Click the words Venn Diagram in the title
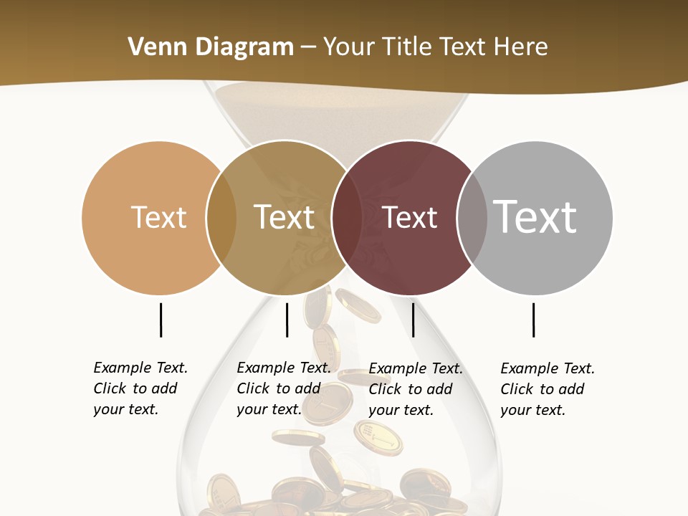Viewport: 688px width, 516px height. [x=211, y=47]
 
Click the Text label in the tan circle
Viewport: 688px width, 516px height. [x=158, y=217]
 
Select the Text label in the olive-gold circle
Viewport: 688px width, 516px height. [x=285, y=217]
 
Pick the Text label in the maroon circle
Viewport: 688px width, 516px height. [x=410, y=217]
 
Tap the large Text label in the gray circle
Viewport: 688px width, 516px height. [x=535, y=216]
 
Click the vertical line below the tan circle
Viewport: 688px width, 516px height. [x=161, y=320]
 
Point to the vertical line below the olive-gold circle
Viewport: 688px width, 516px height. [x=287, y=320]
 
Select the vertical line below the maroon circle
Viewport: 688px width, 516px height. [x=414, y=320]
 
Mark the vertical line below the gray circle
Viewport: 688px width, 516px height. [x=534, y=320]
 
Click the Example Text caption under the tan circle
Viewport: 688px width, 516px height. [x=140, y=388]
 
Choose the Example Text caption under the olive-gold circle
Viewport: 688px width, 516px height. [x=283, y=388]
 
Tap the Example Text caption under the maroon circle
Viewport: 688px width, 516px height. [x=415, y=389]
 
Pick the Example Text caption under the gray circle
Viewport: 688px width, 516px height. [x=547, y=389]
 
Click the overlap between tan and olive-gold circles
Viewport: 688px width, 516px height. [x=221, y=217]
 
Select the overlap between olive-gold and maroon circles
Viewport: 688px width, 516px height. [x=347, y=217]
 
